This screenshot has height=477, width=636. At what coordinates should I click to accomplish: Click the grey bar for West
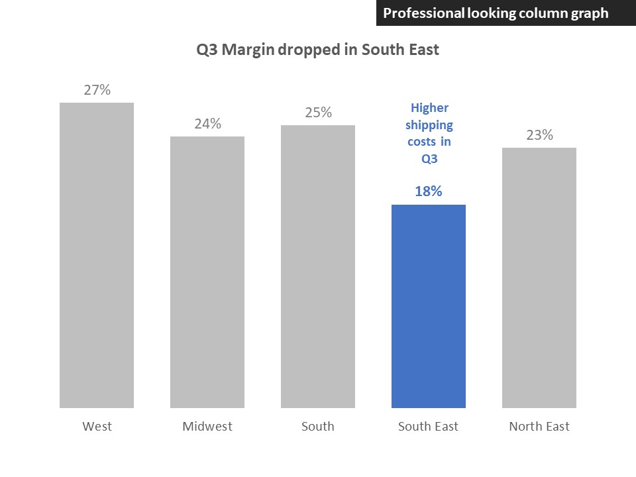point(97,255)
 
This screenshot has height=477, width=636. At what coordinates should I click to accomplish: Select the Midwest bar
point(207,272)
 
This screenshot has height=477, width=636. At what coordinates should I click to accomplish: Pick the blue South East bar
point(429,306)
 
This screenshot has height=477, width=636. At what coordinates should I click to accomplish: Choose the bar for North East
point(539,278)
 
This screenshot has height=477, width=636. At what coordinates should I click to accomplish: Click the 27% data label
point(97,91)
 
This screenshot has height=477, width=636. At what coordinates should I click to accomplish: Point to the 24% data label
point(207,124)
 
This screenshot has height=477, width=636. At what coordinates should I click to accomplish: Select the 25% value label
point(318,113)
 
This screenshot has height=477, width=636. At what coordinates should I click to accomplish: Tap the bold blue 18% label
point(429,191)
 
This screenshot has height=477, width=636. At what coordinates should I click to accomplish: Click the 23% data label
point(539,135)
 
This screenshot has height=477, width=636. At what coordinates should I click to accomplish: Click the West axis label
point(97,426)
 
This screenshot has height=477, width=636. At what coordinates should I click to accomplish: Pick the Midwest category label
point(207,426)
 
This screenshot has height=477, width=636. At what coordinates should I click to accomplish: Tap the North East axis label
point(539,426)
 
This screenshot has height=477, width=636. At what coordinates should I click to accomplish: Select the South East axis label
point(429,426)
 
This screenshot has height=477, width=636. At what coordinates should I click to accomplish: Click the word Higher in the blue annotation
point(429,108)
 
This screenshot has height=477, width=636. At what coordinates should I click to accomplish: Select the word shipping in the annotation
point(429,125)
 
